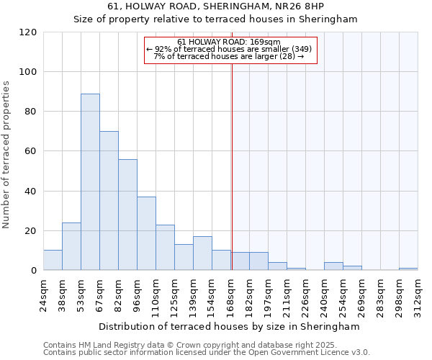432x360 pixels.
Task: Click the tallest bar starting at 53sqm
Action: pos(90,181)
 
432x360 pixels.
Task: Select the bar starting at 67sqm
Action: pos(109,201)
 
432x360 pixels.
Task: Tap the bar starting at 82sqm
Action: pos(127,215)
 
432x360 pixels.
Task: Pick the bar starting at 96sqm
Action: pos(146,233)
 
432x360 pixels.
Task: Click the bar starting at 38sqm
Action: pos(71,246)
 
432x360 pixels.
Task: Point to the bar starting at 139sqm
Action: pos(202,253)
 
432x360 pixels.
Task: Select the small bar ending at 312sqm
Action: pos(408,269)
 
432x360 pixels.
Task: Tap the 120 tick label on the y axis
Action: pos(28,32)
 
